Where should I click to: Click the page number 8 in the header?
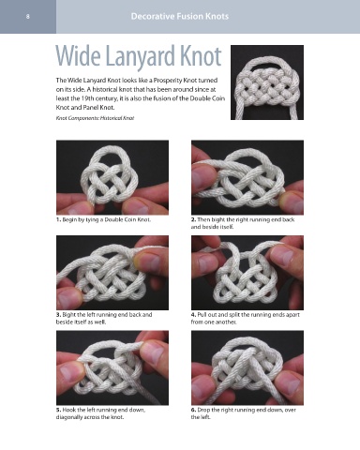point(28,17)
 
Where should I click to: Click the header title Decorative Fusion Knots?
point(180,16)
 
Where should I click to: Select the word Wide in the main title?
point(79,56)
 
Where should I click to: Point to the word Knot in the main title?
point(201,56)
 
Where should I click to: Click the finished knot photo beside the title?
point(267,82)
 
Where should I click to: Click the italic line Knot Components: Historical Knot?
point(95,118)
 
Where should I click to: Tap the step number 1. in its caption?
point(58,219)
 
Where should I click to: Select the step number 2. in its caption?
point(193,219)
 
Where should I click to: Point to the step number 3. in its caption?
point(58,315)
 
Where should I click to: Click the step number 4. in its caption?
point(193,315)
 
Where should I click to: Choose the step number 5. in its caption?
point(58,410)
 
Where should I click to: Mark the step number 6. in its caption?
point(193,410)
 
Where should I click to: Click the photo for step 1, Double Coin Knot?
point(112,177)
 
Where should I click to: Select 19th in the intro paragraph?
point(87,98)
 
